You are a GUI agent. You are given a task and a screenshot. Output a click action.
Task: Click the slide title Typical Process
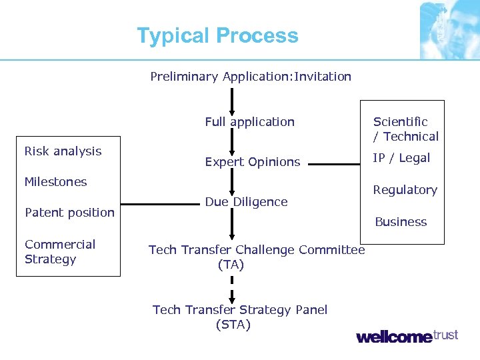coord(217,35)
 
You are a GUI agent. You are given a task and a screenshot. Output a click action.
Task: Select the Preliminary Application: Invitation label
coord(251,77)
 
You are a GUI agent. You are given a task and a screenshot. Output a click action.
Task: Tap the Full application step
coord(249,122)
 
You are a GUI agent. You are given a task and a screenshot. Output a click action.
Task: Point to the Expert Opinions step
coord(252,162)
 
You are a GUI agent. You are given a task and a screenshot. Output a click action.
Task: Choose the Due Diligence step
coord(246,202)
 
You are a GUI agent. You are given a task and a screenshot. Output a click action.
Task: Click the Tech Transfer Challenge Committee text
coord(257,250)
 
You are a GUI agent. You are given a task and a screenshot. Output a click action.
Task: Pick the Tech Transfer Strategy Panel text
coord(240,310)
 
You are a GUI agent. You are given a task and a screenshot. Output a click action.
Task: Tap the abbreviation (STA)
coord(233,325)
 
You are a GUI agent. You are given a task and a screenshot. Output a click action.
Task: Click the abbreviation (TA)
coord(231,265)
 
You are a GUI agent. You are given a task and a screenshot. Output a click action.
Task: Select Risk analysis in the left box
coord(63,151)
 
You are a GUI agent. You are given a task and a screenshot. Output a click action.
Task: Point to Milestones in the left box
coord(55,182)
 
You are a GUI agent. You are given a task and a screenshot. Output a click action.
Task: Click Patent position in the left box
coord(69,213)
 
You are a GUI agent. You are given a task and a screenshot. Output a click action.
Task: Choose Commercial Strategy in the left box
coord(60,252)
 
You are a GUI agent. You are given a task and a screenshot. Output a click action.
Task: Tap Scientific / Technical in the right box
coord(405,129)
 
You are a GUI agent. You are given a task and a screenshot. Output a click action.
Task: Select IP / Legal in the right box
coord(401,158)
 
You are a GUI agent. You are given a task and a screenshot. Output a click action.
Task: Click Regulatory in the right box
coord(405,190)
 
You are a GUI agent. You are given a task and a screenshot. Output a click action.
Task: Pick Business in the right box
coord(401,222)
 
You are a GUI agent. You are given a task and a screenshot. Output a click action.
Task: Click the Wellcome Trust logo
coord(407,336)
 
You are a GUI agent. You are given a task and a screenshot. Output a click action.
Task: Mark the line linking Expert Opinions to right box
coord(333,163)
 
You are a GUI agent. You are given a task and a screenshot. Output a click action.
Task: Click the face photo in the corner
coord(449,29)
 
